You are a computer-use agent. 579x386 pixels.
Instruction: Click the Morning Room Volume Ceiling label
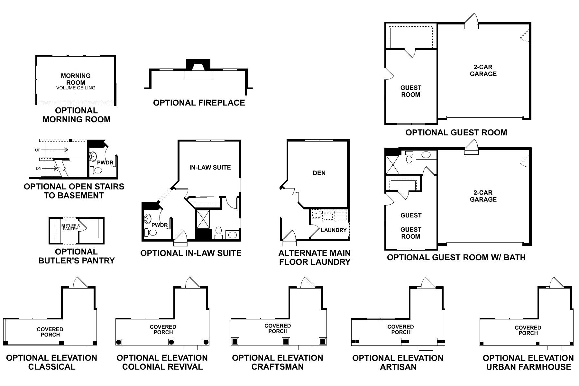point(76,87)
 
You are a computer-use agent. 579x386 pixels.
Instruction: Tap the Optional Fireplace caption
point(199,103)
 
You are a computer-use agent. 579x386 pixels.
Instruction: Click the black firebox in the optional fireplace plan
point(198,64)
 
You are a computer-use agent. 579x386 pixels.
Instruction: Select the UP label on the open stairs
point(37,150)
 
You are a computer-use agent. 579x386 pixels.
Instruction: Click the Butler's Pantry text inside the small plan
point(70,227)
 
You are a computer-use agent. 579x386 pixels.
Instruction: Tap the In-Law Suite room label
point(210,167)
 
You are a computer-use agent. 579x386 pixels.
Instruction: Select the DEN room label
point(319,173)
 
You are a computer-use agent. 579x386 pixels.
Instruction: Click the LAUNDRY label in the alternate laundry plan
point(334,230)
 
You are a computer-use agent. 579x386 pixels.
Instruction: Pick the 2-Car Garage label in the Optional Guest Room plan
point(483,70)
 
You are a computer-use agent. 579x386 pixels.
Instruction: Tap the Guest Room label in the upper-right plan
point(410,91)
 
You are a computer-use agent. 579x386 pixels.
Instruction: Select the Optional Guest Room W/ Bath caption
point(456,257)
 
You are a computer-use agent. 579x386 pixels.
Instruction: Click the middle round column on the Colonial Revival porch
point(171,342)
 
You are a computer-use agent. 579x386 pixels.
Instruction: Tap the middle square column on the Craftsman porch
point(285,341)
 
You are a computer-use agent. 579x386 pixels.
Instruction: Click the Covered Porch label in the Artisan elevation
point(400,329)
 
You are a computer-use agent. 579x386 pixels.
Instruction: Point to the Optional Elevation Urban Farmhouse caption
point(528,362)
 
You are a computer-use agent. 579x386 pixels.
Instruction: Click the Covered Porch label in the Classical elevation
point(50,332)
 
